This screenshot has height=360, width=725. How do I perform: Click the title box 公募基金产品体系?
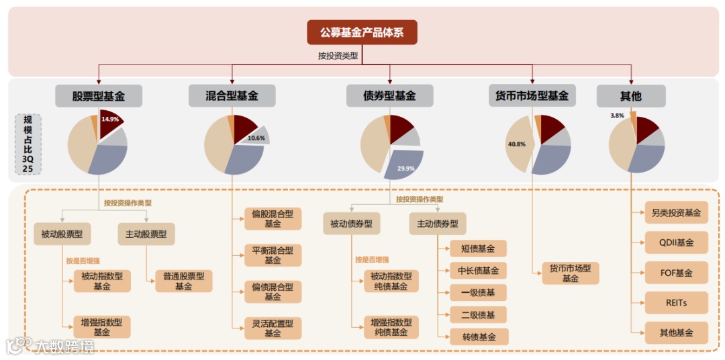(362, 32)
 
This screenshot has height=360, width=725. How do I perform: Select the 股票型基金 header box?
(99, 96)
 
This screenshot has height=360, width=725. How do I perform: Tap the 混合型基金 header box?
(232, 96)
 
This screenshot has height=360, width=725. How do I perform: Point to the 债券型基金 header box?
(389, 96)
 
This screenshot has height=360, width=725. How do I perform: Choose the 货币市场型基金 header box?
(532, 96)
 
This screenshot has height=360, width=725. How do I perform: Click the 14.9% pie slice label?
(110, 119)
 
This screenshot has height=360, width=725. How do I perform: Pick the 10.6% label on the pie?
(256, 138)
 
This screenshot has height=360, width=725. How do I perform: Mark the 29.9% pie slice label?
(405, 169)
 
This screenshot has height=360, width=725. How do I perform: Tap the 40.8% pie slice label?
(516, 144)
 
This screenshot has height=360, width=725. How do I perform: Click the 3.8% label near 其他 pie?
(617, 116)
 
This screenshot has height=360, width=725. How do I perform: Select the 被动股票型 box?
(62, 234)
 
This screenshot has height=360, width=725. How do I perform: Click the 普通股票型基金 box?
(183, 281)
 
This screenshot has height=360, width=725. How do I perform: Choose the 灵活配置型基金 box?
(273, 328)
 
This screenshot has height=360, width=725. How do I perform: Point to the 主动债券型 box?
(438, 224)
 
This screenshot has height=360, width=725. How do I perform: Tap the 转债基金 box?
(479, 336)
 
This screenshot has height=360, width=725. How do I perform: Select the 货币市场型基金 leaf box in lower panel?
(570, 273)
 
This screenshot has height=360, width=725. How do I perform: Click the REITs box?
(676, 303)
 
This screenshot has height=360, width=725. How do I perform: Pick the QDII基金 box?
(676, 242)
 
